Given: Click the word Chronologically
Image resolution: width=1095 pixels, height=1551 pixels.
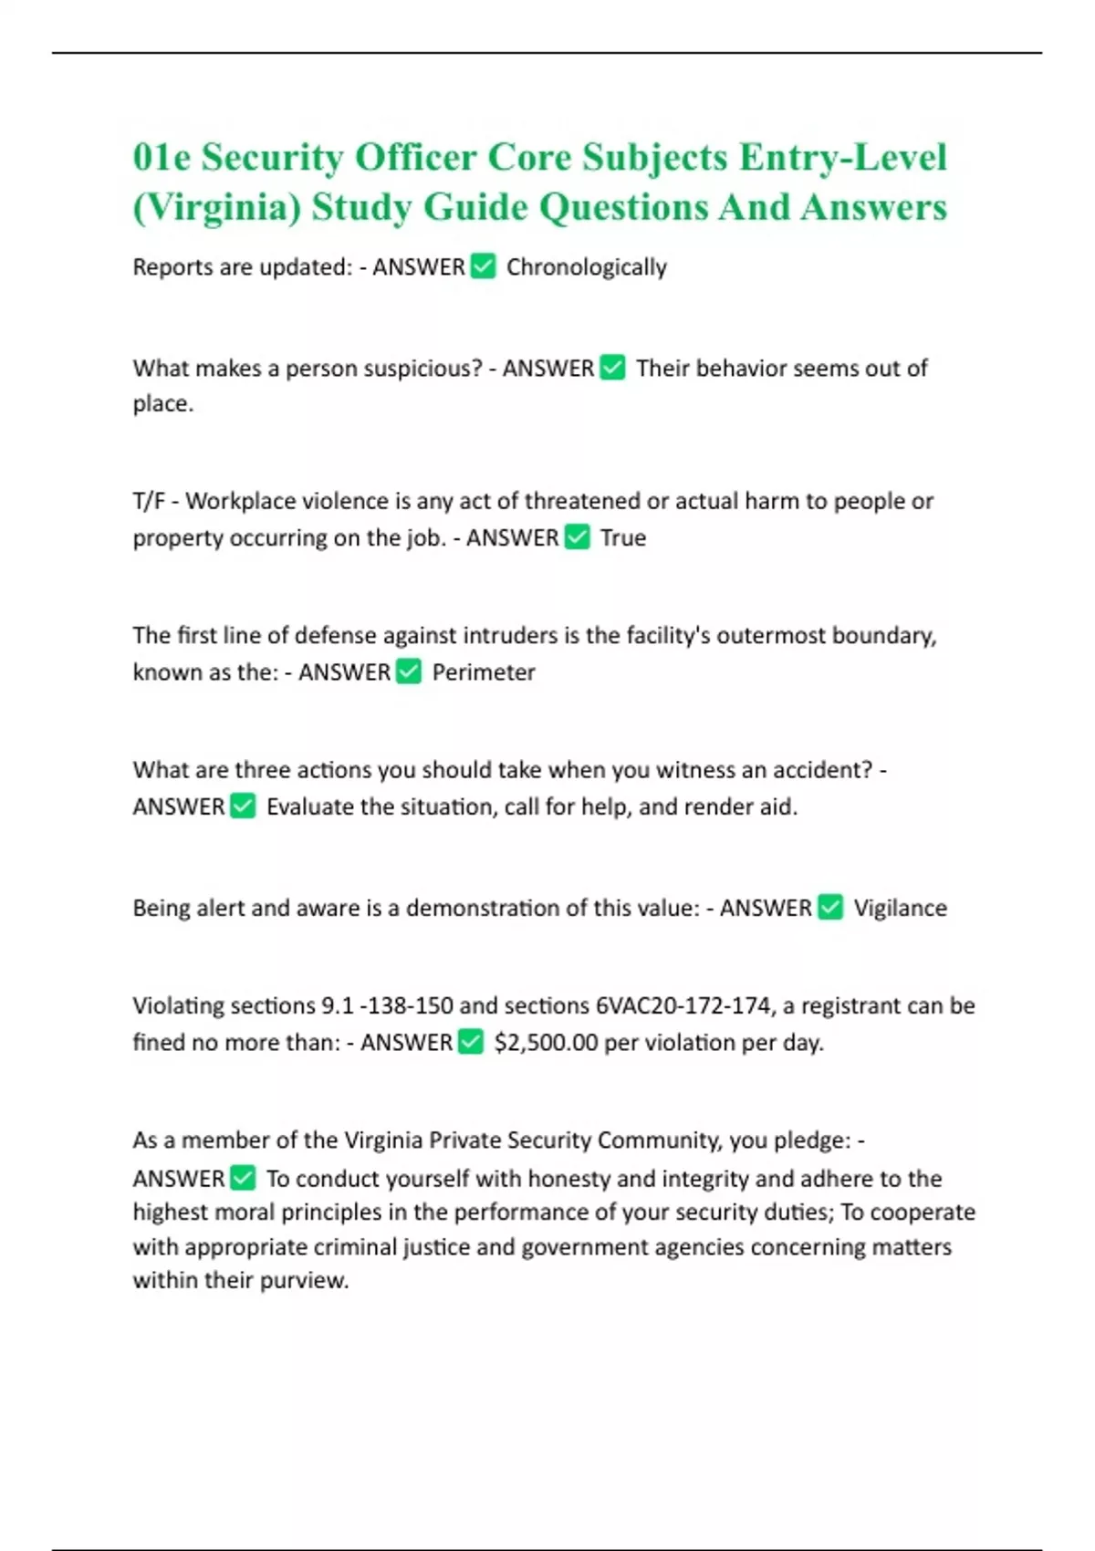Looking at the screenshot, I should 586,267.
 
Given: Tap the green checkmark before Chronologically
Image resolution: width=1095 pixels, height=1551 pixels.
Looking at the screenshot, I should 483,266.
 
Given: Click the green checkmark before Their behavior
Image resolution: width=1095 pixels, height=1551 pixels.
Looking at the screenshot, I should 612,368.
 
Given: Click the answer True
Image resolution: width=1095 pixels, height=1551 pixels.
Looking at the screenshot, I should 623,538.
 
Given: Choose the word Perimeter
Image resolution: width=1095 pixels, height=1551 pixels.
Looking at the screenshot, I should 484,672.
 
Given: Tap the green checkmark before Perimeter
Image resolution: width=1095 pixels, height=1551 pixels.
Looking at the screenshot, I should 409,671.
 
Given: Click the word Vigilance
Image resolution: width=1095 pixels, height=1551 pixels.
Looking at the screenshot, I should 900,909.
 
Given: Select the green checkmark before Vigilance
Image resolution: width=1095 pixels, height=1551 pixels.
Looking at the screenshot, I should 830,907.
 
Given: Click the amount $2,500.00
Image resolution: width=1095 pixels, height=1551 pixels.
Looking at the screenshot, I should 546,1043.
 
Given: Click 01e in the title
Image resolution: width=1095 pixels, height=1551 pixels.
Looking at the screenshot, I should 162,158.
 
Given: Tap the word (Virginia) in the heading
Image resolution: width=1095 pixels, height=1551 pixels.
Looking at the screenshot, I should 217,207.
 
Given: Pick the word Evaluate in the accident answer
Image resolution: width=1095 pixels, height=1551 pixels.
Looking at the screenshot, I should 310,807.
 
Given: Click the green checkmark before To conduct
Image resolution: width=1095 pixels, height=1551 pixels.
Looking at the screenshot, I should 243,1178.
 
